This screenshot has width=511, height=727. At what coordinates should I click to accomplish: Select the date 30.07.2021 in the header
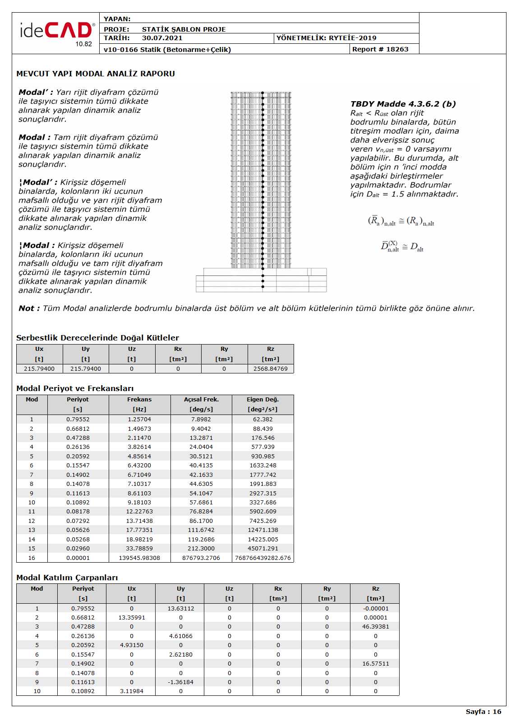(162, 38)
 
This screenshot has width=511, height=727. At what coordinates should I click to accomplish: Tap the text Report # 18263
(380, 49)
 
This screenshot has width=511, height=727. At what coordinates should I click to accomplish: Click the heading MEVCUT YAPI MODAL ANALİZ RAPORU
(96, 74)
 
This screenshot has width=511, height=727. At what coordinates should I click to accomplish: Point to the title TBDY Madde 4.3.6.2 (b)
(403, 104)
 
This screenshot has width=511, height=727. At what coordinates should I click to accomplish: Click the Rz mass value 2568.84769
(270, 369)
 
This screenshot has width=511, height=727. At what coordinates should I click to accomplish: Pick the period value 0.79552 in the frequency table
(78, 419)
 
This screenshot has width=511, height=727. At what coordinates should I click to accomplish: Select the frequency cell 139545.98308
(139, 558)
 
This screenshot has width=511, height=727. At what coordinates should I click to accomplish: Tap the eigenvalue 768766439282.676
(263, 558)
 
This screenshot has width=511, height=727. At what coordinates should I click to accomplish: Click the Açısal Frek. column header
(201, 400)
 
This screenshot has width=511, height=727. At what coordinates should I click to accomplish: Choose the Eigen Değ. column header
(263, 400)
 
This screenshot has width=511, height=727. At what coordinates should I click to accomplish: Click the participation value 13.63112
(180, 609)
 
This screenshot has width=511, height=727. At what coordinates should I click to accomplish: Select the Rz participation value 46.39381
(375, 627)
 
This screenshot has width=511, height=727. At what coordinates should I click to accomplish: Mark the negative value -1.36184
(180, 682)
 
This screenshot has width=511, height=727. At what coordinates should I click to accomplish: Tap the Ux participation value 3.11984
(132, 691)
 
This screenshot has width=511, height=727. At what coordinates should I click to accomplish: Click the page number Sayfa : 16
(483, 712)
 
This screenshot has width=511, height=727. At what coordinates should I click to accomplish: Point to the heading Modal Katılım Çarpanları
(67, 578)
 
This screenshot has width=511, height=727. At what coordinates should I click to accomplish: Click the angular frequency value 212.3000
(201, 549)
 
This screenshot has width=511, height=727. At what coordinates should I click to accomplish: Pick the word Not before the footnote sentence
(26, 308)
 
